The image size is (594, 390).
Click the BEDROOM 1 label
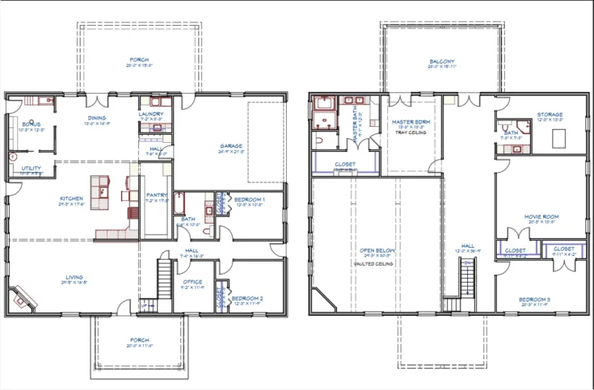pyautogui.click(x=246, y=199)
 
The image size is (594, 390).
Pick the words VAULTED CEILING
pyautogui.click(x=371, y=263)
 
